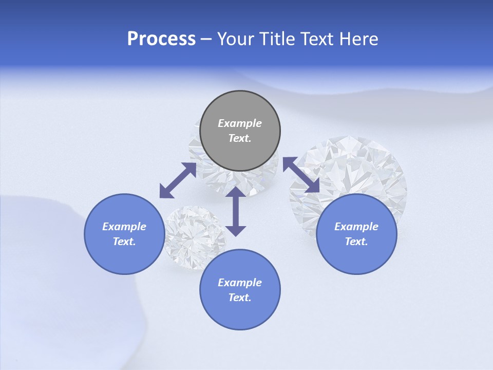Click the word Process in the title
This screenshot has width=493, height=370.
pos(161,39)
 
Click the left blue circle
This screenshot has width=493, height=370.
pos(124,234)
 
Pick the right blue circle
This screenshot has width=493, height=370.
pos(356,234)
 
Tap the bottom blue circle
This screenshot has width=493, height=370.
pos(240,289)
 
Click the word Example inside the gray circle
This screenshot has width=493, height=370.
pos(240,123)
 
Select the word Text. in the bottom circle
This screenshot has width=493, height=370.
pos(240,298)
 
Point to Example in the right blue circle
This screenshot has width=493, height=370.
pos(356,227)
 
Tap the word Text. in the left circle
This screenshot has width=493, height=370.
pos(124,242)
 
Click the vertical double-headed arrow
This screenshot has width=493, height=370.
pos(236,211)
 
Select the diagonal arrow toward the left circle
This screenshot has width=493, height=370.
pos(178,180)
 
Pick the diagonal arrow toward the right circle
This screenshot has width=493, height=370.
pos(301,175)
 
